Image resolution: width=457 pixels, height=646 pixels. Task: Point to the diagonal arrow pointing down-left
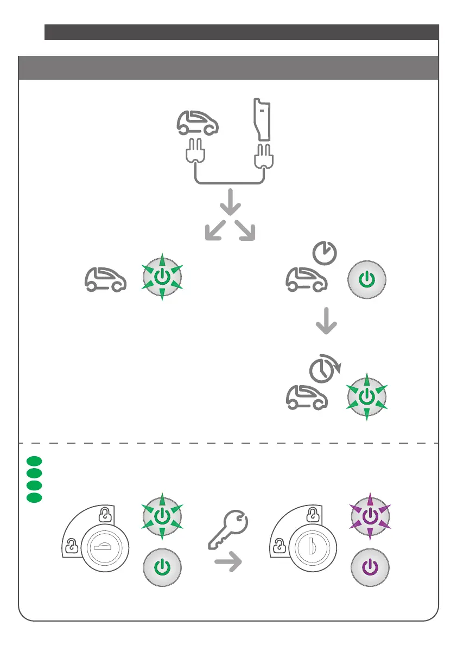coord(216,231)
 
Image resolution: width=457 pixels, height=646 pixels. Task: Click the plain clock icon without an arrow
coord(325,252)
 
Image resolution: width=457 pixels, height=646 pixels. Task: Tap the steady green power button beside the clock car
coord(367,280)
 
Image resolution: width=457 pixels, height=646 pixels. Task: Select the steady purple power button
coord(370,567)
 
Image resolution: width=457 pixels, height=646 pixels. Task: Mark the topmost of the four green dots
coord(33,461)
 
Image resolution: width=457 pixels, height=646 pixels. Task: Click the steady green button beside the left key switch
coord(162,567)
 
